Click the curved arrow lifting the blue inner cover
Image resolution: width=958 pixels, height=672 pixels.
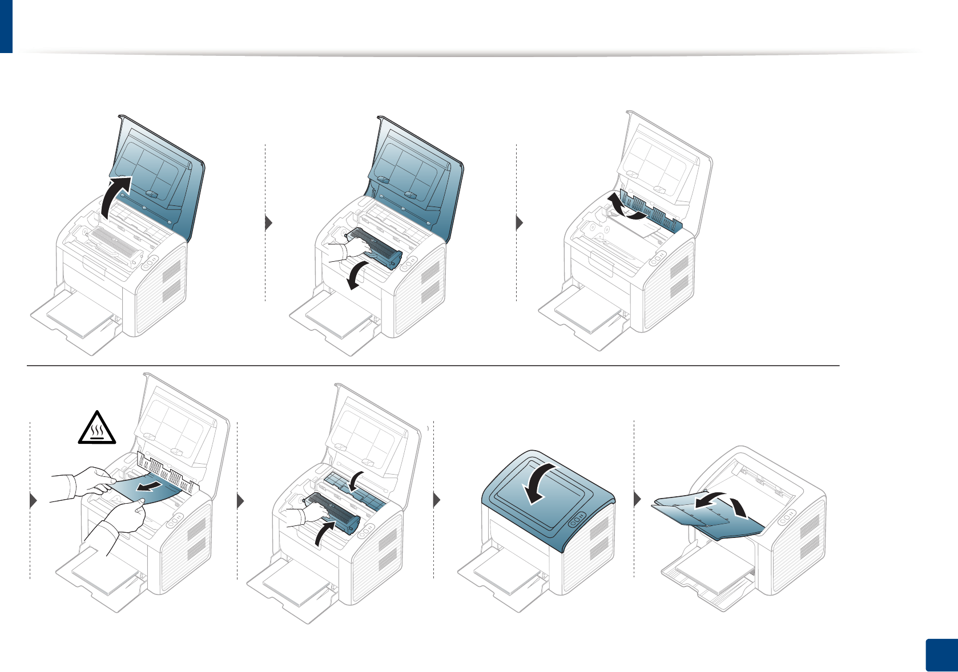coord(626,208)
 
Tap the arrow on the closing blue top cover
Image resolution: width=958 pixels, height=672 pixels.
coord(539,482)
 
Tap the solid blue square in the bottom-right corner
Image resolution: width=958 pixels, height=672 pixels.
coord(940,655)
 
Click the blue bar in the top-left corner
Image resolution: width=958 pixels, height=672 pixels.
coord(6,26)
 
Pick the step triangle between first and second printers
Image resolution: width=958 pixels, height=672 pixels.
coord(269,222)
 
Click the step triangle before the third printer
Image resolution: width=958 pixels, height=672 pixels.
coord(520,222)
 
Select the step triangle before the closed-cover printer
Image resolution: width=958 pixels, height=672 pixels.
coord(437,500)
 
